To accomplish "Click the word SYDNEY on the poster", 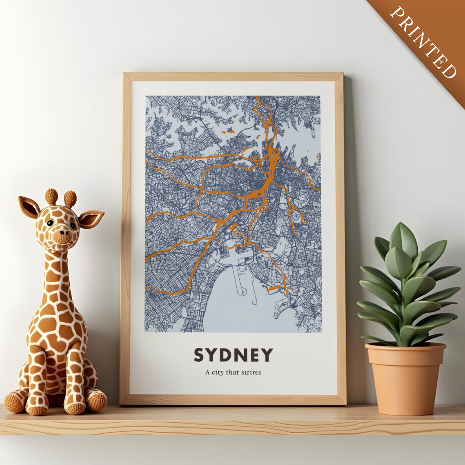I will [233, 355].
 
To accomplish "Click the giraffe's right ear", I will [91, 218].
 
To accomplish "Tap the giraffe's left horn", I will [51, 196].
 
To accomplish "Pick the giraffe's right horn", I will [70, 198].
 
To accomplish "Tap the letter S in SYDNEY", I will [198, 355].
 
